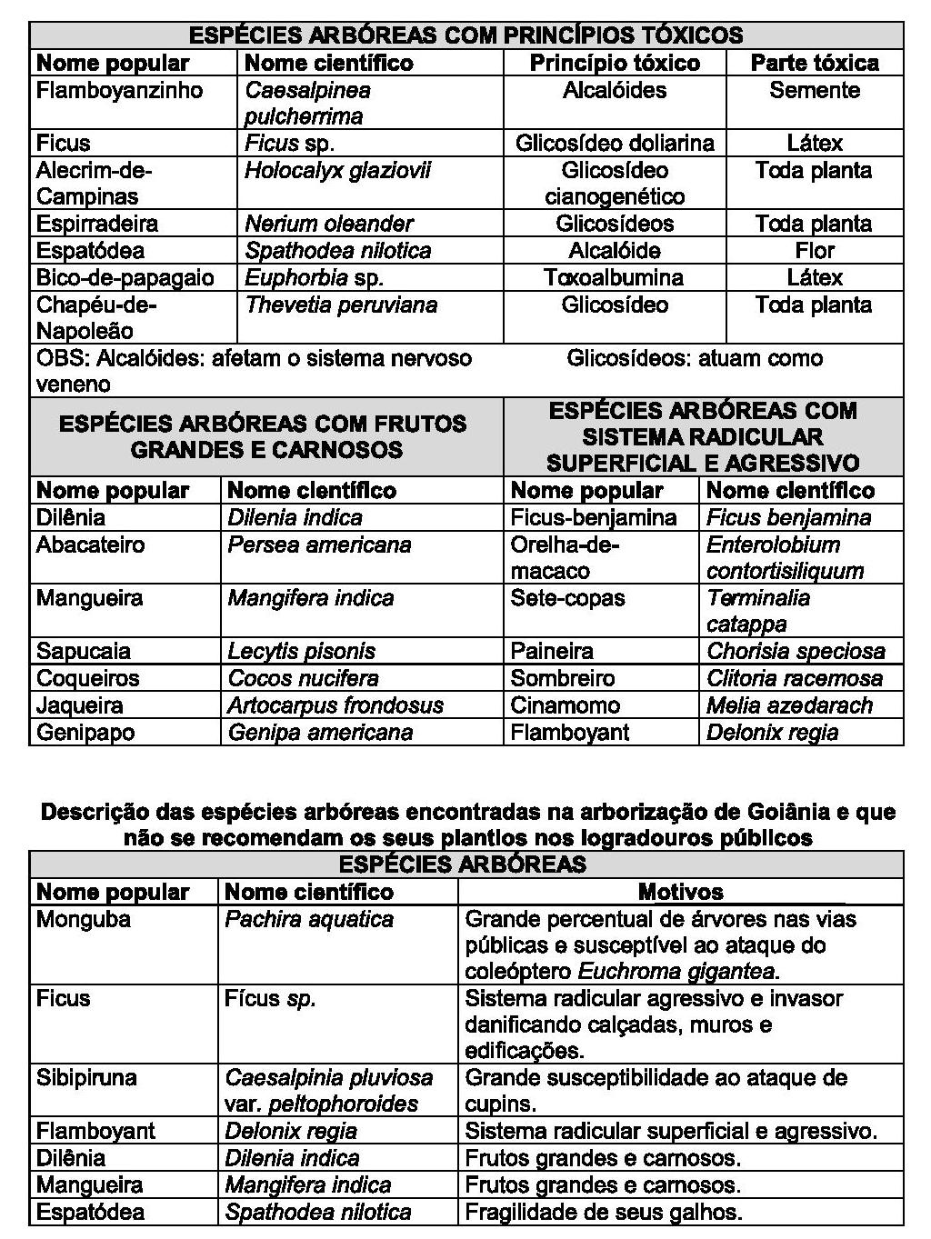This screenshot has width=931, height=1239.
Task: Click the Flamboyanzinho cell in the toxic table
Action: (x=119, y=91)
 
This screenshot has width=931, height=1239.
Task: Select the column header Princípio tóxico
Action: (x=615, y=63)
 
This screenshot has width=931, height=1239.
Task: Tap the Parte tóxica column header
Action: (x=815, y=63)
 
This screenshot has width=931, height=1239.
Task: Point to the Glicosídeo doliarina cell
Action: (x=615, y=144)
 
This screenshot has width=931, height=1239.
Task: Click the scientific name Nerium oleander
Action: (x=329, y=224)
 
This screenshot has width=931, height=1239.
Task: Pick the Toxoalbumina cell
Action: (x=615, y=277)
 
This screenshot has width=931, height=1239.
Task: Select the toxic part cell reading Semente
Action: (x=815, y=91)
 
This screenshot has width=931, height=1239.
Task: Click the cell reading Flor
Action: (x=815, y=251)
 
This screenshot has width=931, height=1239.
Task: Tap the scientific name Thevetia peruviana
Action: (x=341, y=305)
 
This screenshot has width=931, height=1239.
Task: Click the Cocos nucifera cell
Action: (x=303, y=678)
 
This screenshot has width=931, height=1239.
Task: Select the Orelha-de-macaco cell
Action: (x=565, y=557)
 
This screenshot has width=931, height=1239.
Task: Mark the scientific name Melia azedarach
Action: (x=789, y=705)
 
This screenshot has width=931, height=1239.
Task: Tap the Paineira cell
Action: (x=552, y=651)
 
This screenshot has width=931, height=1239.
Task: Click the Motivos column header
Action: (x=680, y=892)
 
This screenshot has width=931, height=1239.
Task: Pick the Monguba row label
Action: (x=84, y=919)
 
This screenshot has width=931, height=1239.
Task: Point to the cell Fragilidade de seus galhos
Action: (x=604, y=1212)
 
